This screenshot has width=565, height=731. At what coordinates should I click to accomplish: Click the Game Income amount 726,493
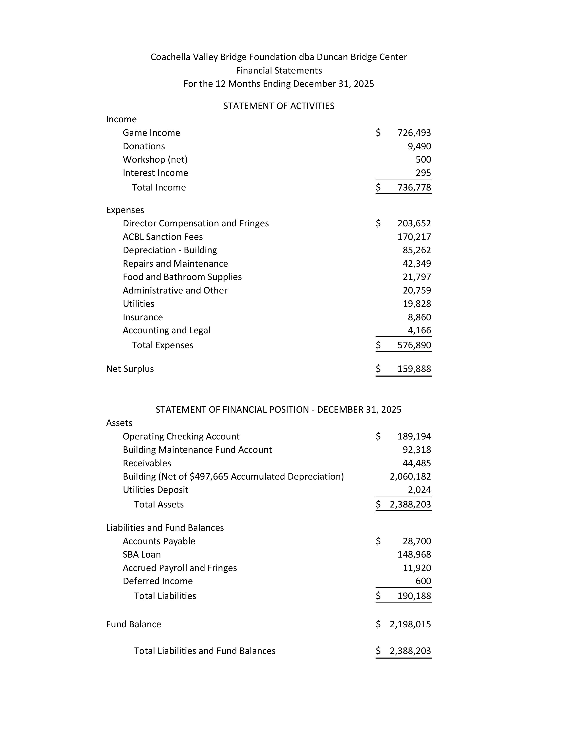tap(414, 133)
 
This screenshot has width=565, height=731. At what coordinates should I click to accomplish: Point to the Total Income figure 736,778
tap(414, 187)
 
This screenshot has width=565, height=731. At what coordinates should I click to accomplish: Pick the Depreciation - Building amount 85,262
tap(417, 250)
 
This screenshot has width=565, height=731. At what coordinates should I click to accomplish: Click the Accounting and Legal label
tap(166, 330)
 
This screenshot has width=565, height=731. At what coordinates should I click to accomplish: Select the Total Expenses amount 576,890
tap(414, 345)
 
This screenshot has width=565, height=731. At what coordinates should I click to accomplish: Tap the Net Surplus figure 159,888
tap(414, 369)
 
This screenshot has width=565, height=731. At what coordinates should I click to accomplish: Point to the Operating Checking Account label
tap(181, 436)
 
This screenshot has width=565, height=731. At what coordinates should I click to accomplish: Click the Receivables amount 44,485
tap(417, 463)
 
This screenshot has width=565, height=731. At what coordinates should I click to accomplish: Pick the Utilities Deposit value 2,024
tap(419, 490)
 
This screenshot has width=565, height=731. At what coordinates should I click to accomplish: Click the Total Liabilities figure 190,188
tap(414, 596)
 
